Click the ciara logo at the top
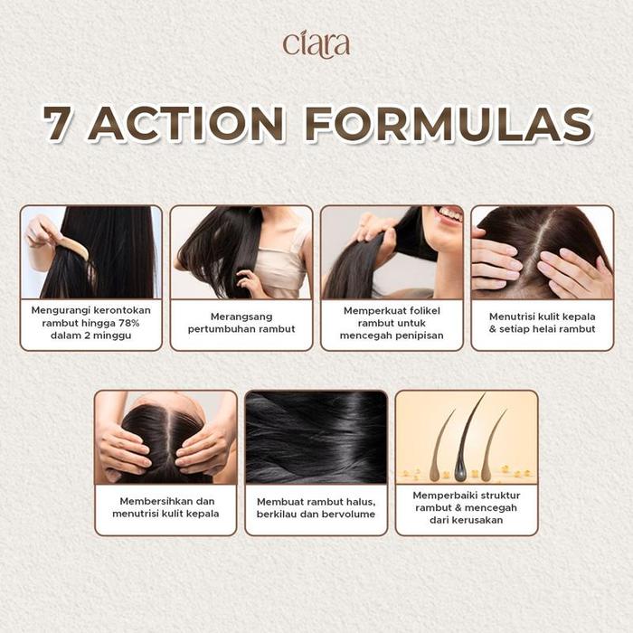pyautogui.click(x=316, y=43)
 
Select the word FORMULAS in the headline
pyautogui.click(x=449, y=124)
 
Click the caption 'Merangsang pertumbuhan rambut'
pyautogui.click(x=241, y=323)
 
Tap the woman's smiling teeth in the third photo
pyautogui.click(x=450, y=215)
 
